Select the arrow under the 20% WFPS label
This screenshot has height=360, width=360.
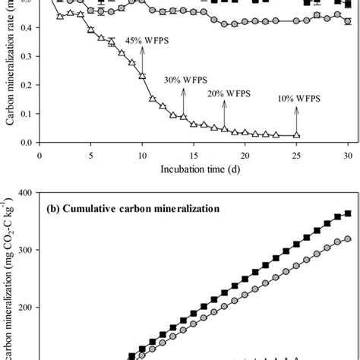pyautogui.click(x=225, y=112)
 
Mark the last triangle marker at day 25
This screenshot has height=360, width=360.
pyautogui.click(x=296, y=135)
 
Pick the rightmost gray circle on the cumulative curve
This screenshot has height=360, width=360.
pyautogui.click(x=348, y=238)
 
